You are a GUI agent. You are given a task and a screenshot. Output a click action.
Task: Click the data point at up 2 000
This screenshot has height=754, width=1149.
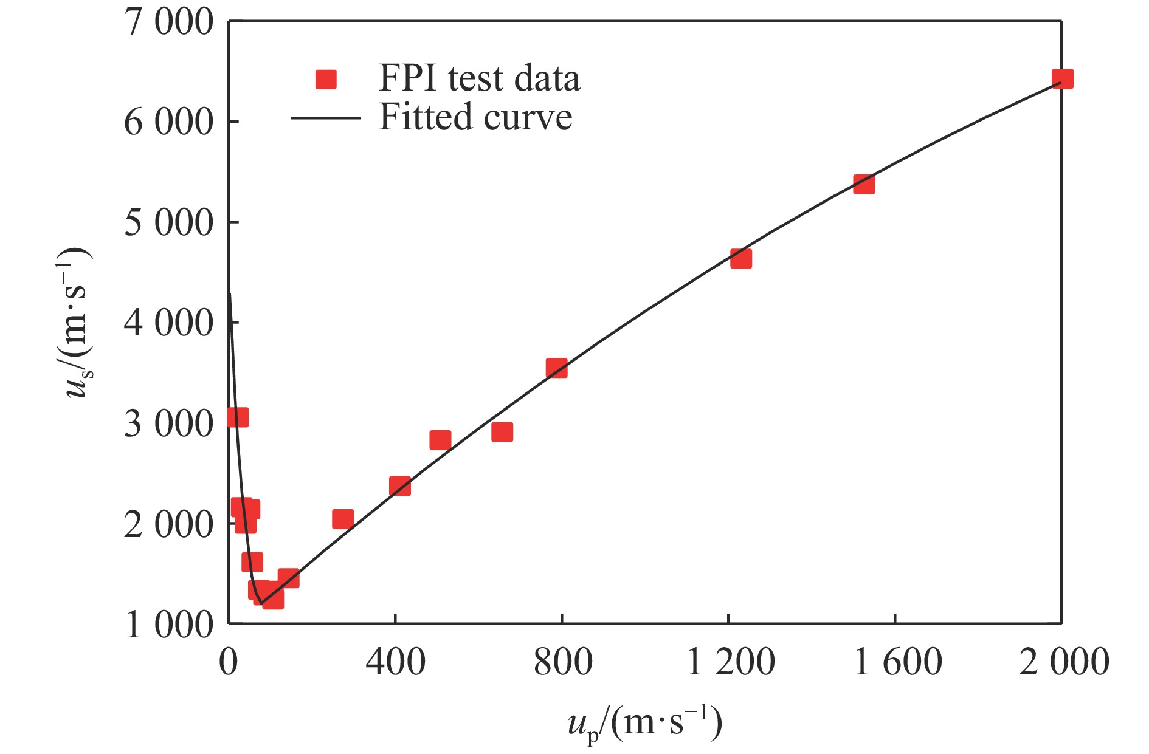(1062, 79)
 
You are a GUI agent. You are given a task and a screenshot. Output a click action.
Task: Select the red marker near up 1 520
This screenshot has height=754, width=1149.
(863, 184)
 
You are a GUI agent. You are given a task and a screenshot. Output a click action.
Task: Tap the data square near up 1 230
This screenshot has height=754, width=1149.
(740, 259)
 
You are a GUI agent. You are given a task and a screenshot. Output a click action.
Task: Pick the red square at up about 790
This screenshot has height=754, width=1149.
(556, 368)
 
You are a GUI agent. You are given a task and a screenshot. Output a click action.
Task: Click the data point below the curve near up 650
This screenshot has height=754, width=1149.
(502, 432)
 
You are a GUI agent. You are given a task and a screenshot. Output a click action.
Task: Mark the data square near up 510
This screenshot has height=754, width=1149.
(440, 440)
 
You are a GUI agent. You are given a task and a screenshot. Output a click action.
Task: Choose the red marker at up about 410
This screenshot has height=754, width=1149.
(399, 486)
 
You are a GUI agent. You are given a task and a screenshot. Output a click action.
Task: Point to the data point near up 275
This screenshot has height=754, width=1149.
(343, 519)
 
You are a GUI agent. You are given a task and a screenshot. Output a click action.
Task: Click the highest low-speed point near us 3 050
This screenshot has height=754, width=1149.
(238, 417)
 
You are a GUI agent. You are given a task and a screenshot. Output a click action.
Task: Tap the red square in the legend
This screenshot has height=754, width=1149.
(326, 80)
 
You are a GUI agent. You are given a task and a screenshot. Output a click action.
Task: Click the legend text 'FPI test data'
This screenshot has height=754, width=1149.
(479, 78)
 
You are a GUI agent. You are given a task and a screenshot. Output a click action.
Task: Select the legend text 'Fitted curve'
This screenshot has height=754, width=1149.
(475, 117)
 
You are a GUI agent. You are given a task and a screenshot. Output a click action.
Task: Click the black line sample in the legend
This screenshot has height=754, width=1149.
(326, 117)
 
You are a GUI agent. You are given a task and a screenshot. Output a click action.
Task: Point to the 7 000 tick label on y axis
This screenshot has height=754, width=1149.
(168, 23)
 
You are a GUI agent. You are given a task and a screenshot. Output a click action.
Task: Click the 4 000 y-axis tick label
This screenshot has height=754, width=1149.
(168, 323)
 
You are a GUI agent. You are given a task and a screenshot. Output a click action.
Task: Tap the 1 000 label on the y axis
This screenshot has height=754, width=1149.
(168, 625)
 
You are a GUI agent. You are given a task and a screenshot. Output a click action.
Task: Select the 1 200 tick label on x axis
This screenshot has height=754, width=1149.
(730, 663)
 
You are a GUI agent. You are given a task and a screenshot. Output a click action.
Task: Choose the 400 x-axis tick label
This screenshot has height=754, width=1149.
(395, 663)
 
